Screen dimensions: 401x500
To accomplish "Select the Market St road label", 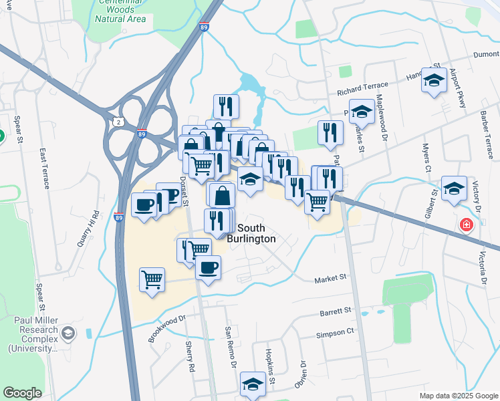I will pyautogui.click(x=332, y=277).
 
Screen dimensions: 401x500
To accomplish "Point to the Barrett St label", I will pyautogui.click(x=335, y=311).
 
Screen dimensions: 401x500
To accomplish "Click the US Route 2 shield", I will pyautogui.click(x=118, y=122).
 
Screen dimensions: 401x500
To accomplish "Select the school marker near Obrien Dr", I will pyautogui.click(x=253, y=384).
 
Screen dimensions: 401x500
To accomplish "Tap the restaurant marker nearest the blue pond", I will pyautogui.click(x=226, y=106).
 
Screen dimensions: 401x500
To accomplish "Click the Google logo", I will pyautogui.click(x=22, y=393).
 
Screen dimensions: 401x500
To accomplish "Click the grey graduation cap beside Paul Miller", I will pyautogui.click(x=68, y=333).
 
